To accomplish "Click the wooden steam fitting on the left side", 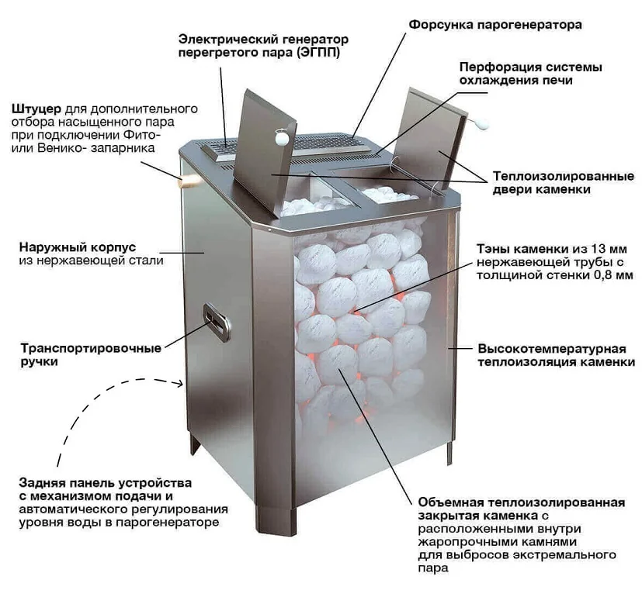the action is [189, 181].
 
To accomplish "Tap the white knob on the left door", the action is [282, 137].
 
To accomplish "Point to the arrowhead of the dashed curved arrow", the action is [178, 384].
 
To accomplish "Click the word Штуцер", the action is [36, 109].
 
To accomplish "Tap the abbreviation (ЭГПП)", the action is [318, 53].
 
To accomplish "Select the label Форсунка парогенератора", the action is [495, 25].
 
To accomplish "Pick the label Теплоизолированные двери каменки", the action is [563, 183].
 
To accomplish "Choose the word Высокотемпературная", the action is [552, 349].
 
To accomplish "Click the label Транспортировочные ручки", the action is [91, 355].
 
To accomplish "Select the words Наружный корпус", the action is [78, 247].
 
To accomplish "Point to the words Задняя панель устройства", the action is [106, 483].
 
